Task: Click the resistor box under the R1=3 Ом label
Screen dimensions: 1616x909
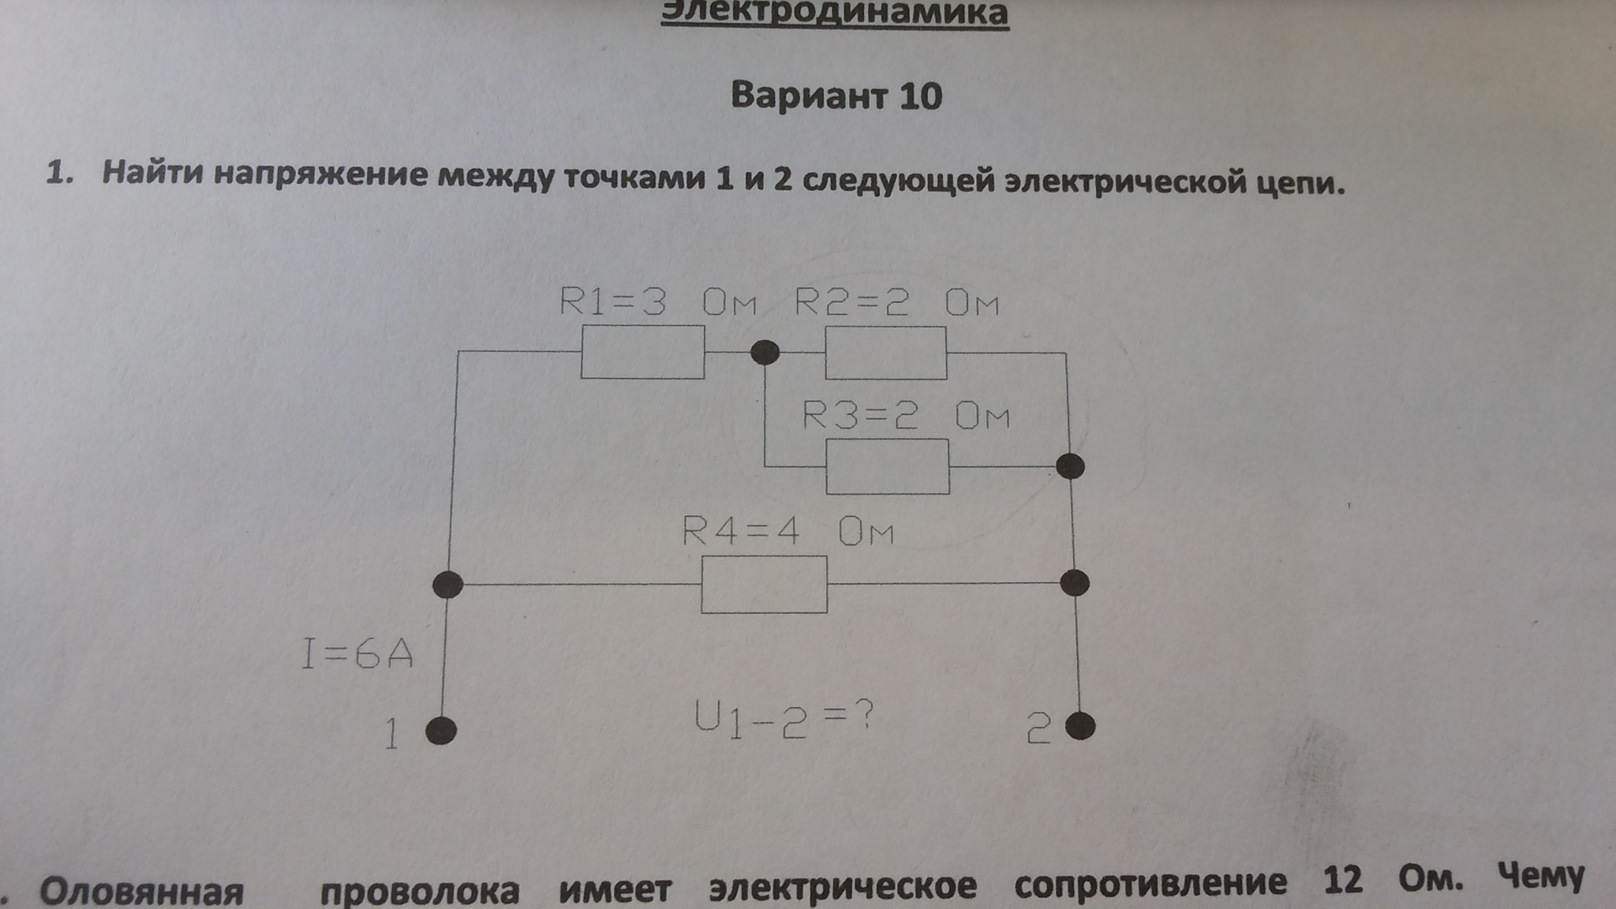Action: coord(643,352)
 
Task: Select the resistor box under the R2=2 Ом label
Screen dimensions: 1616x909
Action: coord(886,353)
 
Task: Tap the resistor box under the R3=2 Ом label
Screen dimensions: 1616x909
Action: coord(888,466)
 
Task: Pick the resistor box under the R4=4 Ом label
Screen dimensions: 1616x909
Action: coord(765,585)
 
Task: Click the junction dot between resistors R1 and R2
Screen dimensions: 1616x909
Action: coord(764,352)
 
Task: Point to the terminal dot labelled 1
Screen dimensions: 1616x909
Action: coord(441,731)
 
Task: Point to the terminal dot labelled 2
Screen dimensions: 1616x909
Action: coord(1080,726)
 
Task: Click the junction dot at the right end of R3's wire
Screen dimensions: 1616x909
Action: coord(1070,466)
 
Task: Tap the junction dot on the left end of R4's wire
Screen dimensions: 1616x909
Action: coord(448,585)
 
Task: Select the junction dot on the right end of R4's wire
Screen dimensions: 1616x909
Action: coord(1075,583)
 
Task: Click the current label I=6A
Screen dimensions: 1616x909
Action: coord(357,654)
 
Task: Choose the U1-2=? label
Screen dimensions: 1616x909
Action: coord(784,719)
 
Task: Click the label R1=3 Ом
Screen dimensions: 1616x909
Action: coord(658,302)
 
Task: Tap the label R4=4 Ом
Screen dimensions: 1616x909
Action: coord(787,531)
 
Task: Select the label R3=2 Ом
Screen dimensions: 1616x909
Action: coord(906,415)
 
